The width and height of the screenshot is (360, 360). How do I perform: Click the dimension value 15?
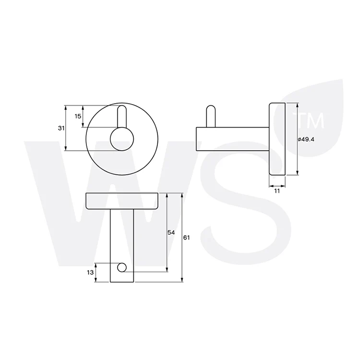pyautogui.click(x=78, y=116)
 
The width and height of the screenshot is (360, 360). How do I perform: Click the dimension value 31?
pyautogui.click(x=61, y=128)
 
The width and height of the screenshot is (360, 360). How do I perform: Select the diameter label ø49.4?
pyautogui.click(x=306, y=139)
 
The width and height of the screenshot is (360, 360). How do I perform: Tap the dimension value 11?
pyautogui.click(x=277, y=191)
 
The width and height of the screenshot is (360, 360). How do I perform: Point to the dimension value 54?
pyautogui.click(x=171, y=233)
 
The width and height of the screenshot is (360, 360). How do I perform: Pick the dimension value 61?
pyautogui.click(x=186, y=238)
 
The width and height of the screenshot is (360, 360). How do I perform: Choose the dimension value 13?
pyautogui.click(x=90, y=272)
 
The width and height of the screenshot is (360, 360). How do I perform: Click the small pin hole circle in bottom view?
pyautogui.click(x=122, y=267)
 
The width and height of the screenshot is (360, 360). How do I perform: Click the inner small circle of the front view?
pyautogui.click(x=122, y=139)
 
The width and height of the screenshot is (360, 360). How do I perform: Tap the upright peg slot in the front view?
pyautogui.click(x=122, y=117)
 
